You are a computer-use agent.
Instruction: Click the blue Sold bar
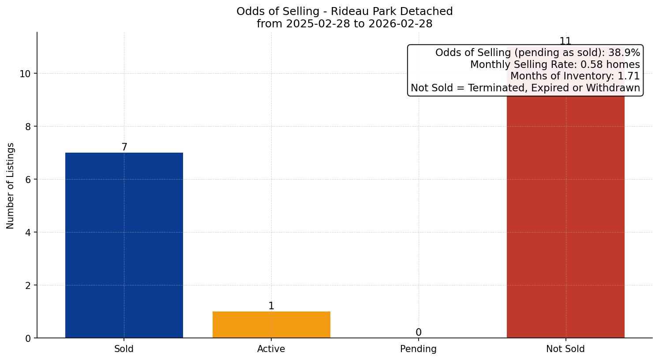[124, 245]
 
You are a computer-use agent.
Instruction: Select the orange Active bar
[271, 325]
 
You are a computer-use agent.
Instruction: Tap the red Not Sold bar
[565, 216]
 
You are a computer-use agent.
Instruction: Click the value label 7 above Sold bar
[124, 147]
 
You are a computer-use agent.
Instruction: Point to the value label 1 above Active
[271, 306]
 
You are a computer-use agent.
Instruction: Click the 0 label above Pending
[419, 333]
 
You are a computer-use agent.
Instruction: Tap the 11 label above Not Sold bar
[565, 41]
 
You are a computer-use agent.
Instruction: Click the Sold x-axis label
[124, 349]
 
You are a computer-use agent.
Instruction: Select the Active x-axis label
[271, 349]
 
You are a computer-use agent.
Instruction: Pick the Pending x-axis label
[418, 349]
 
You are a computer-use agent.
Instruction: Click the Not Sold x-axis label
[565, 349]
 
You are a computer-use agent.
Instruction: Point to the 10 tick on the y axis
[25, 74]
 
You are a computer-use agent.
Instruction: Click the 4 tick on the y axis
[28, 232]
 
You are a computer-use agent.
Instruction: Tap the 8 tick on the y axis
[28, 127]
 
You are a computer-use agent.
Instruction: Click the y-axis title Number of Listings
[11, 186]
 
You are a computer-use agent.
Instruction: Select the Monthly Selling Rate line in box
[555, 64]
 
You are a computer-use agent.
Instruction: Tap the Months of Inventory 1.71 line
[575, 76]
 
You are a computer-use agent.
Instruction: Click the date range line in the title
[344, 24]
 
